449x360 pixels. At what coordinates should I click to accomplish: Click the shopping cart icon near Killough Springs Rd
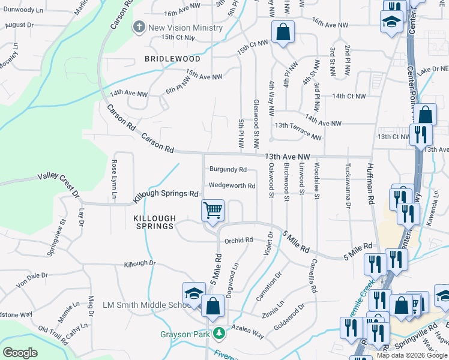coord(212,211)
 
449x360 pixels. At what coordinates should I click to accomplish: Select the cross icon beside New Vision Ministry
coord(139,27)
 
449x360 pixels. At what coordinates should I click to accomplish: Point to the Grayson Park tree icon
coord(220,332)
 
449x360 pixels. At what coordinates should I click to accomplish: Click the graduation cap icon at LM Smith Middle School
coord(194,293)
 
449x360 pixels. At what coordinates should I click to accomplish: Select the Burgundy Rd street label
coord(228,170)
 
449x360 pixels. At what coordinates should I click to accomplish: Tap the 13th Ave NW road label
coord(284,156)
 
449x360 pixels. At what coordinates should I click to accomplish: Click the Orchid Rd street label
coord(238,241)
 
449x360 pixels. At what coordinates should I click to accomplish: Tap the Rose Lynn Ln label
coord(114,179)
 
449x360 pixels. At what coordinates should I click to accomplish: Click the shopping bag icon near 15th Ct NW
coord(283,32)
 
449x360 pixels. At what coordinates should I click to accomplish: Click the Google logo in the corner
coord(20,352)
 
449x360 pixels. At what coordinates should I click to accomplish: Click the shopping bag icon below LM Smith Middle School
coord(212,306)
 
